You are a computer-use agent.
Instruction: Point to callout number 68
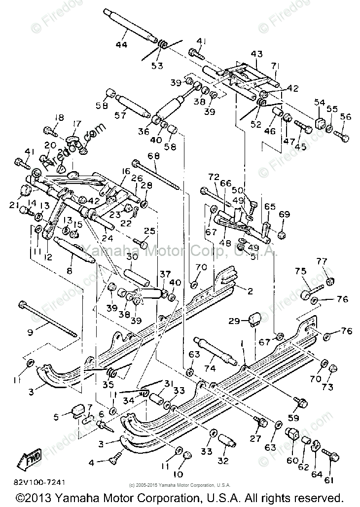tap(153, 156)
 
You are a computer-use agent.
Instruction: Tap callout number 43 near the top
tap(257, 54)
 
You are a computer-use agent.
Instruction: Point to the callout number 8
tap(70, 271)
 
